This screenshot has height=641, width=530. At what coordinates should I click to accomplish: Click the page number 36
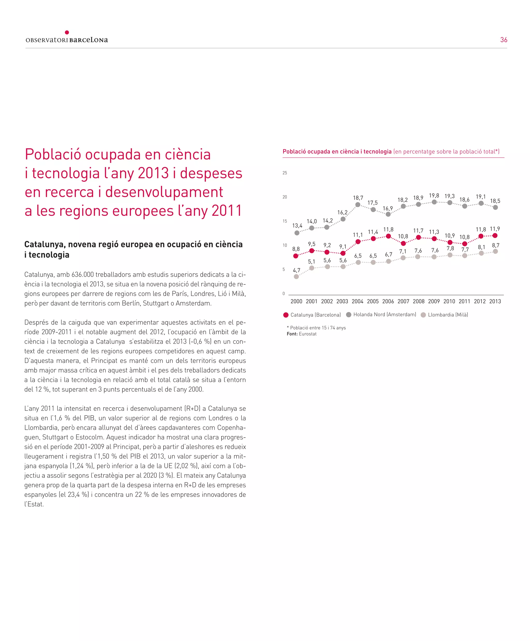(503, 40)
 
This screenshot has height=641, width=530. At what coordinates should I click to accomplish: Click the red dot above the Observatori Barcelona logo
(67, 32)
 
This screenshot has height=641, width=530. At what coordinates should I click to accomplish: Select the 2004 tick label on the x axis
(357, 301)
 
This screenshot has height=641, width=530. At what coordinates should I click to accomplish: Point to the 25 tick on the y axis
(285, 173)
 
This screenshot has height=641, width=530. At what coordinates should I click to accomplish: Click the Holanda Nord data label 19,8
(434, 195)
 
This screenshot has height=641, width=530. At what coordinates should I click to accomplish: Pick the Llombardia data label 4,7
(297, 270)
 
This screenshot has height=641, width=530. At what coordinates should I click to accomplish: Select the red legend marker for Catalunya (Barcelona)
(286, 315)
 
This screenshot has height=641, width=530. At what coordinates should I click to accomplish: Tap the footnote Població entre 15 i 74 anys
(318, 328)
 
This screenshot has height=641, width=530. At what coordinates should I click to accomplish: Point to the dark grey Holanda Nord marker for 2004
(358, 204)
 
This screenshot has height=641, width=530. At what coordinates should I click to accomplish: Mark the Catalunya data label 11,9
(495, 229)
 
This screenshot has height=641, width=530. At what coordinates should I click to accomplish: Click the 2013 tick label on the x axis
(495, 301)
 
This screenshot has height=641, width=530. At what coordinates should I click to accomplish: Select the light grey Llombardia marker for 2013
(495, 251)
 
